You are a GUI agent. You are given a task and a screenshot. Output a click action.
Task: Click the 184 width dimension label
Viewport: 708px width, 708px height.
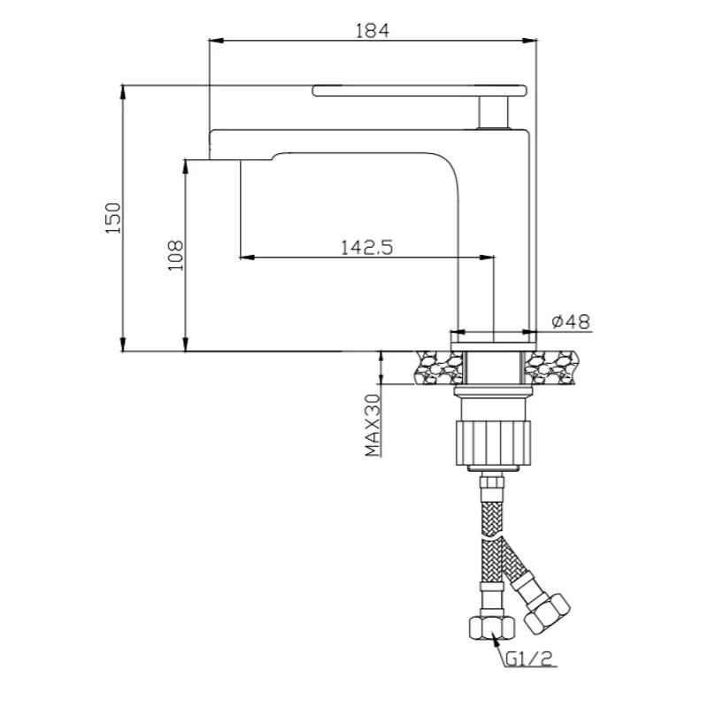point(372,31)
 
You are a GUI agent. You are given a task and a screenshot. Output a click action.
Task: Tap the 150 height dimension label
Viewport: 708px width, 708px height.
point(113,218)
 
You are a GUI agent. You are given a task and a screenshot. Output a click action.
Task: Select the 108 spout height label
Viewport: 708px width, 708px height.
point(175,255)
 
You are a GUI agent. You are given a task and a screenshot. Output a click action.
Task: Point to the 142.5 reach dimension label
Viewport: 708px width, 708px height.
point(366,248)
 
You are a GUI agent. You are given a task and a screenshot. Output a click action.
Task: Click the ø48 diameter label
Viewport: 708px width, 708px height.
point(571,321)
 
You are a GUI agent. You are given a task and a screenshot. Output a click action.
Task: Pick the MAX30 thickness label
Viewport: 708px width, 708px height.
point(373,425)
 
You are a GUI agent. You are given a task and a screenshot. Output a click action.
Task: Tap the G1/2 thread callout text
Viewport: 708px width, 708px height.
point(528,658)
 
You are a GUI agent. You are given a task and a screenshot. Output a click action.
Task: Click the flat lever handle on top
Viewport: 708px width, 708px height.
point(419,90)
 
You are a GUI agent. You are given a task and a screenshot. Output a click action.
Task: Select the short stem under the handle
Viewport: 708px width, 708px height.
point(494,112)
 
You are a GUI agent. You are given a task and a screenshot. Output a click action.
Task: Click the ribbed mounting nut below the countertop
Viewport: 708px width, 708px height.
point(493,442)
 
